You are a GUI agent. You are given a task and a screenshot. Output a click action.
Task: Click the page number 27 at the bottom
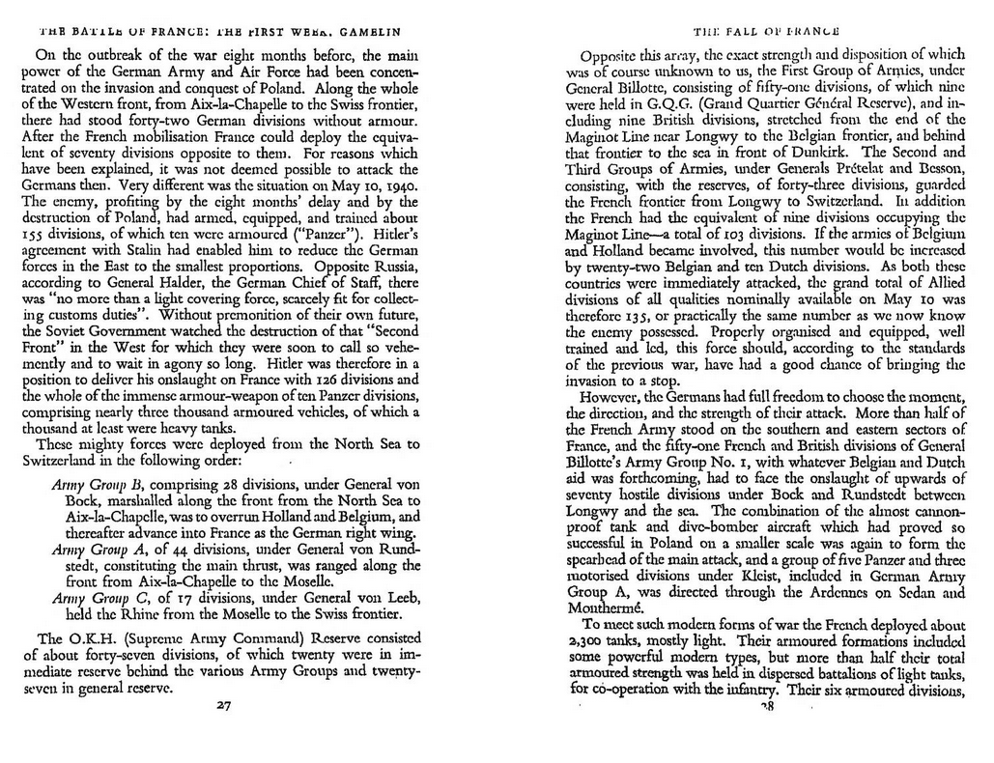(x=223, y=706)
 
